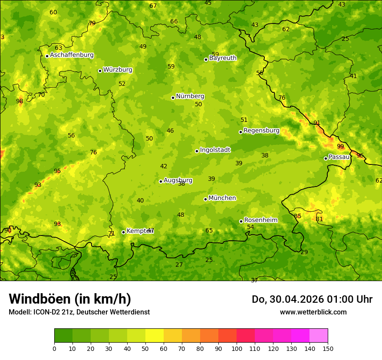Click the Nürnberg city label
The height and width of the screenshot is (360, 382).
tap(190, 96)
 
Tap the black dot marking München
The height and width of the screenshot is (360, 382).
tap(206, 199)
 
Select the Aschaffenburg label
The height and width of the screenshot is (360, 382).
tap(72, 55)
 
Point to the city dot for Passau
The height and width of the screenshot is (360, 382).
tap(326, 158)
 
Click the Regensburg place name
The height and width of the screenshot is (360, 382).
tap(261, 131)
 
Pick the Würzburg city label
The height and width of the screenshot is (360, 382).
tap(118, 70)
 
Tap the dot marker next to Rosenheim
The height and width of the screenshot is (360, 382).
tap(241, 221)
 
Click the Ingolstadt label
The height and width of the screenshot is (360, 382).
tap(215, 150)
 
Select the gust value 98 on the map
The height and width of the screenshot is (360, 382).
tap(20, 101)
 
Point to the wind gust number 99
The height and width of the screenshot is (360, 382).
tap(340, 147)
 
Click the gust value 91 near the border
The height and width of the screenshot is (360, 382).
tap(317, 123)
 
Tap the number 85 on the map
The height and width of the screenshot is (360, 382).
tap(298, 216)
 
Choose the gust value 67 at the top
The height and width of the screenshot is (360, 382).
tap(153, 6)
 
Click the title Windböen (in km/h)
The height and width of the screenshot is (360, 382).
tap(70, 299)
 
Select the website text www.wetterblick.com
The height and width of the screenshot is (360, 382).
tap(313, 312)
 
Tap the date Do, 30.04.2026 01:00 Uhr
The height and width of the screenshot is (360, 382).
tap(312, 299)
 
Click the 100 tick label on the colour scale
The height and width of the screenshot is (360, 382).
tap(237, 348)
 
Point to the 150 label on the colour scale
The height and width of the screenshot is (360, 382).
tap(328, 348)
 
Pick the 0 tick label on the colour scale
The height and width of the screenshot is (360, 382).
tap(54, 348)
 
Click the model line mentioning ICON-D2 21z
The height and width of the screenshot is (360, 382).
tap(79, 312)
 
